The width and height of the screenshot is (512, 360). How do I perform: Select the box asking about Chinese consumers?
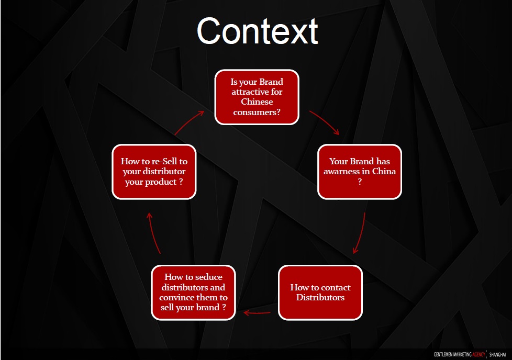pyautogui.click(x=257, y=97)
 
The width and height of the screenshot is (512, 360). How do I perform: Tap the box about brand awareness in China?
pyautogui.click(x=360, y=172)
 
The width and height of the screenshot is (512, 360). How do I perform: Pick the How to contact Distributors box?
pyautogui.click(x=320, y=292)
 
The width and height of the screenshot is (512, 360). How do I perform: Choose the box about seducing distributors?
pyautogui.click(x=193, y=292)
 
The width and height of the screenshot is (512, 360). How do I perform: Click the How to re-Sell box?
pyautogui.click(x=154, y=172)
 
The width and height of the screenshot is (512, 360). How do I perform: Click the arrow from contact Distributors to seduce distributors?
pyautogui.click(x=257, y=313)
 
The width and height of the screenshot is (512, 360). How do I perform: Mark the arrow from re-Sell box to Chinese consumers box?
pyautogui.click(x=189, y=122)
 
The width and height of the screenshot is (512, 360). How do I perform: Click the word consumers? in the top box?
pyautogui.click(x=257, y=113)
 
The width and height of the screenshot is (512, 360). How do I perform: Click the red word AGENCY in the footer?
pyautogui.click(x=478, y=354)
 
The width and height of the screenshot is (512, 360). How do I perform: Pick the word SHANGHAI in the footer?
pyautogui.click(x=498, y=354)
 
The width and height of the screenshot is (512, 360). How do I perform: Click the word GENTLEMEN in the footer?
pyautogui.click(x=443, y=354)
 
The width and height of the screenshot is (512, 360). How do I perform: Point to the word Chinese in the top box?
pyautogui.click(x=257, y=102)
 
